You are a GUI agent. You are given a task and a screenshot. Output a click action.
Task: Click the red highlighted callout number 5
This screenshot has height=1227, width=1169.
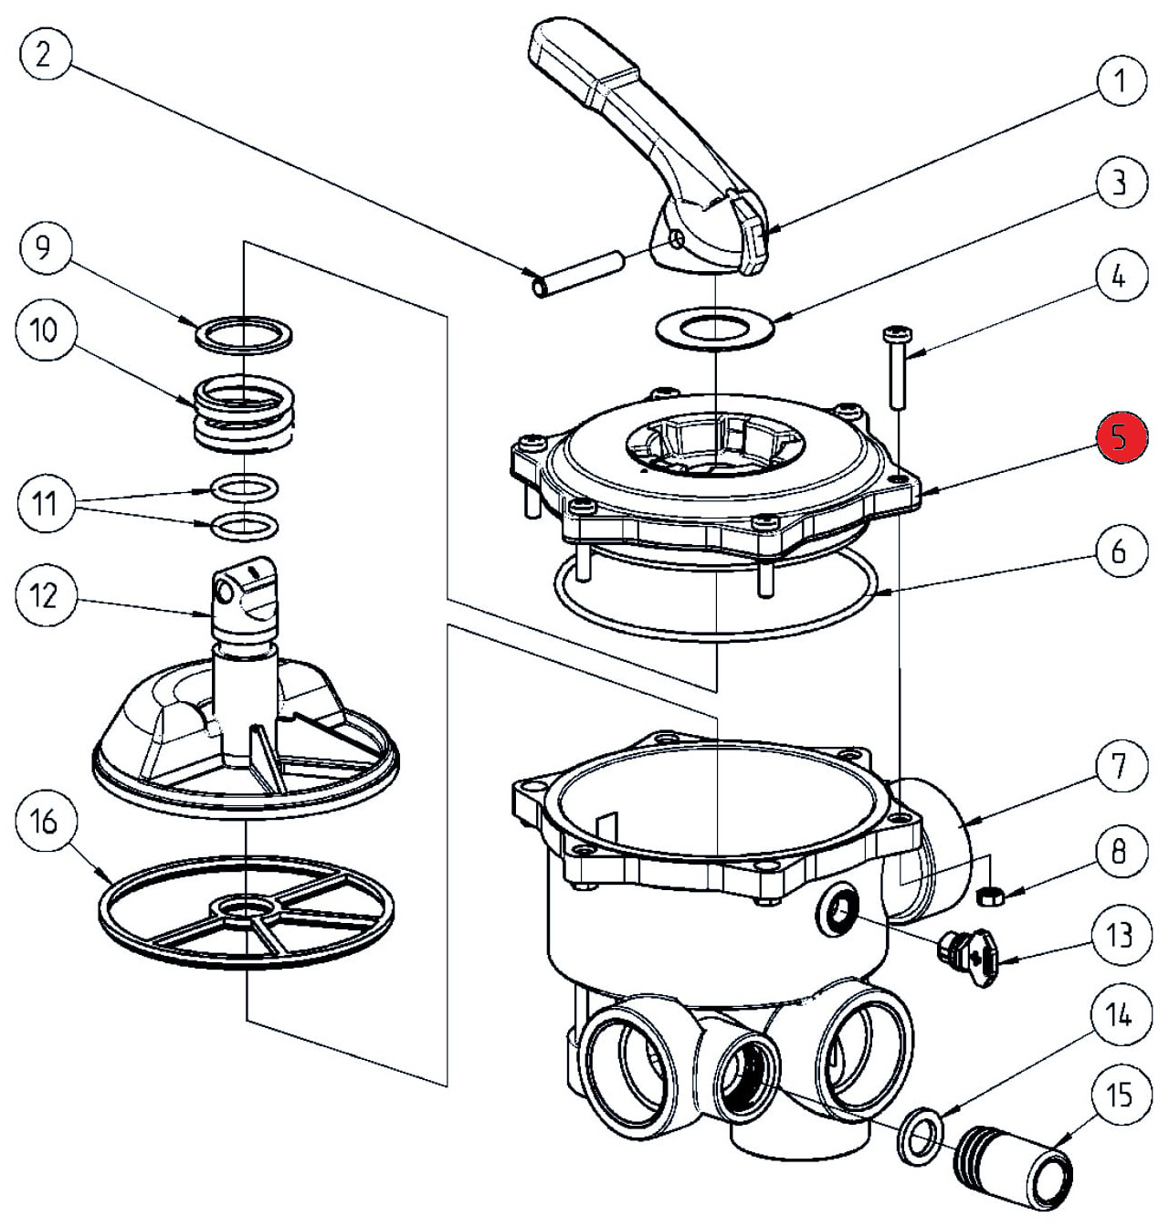[x=1121, y=437]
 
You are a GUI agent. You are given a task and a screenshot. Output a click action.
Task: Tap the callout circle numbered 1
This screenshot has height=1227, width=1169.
[x=1119, y=80]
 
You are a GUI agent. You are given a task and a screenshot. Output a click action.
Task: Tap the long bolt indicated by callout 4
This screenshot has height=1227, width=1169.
[x=893, y=369]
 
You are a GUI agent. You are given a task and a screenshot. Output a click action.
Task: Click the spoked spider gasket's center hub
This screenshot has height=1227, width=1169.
[x=247, y=909]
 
